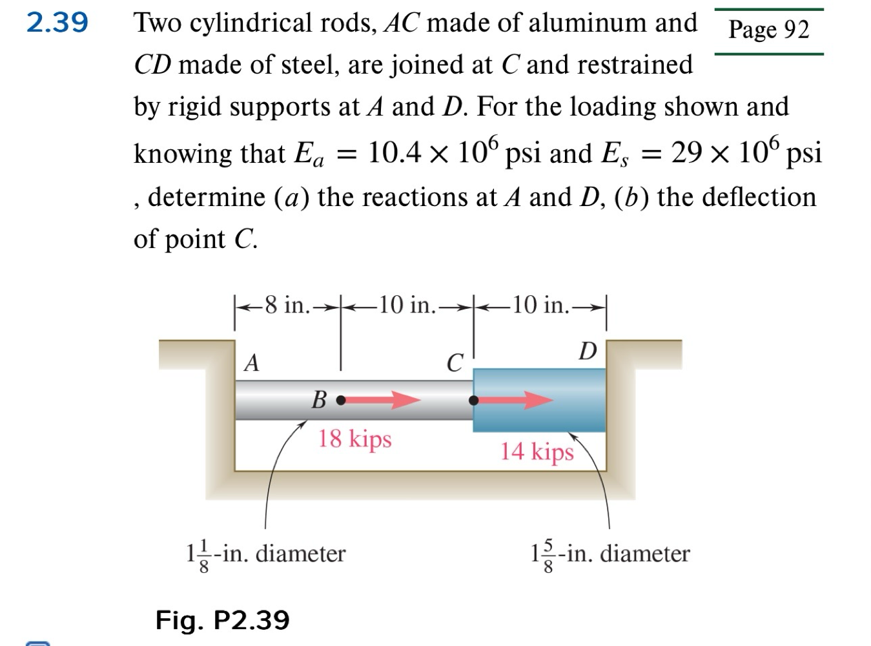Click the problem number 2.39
57,23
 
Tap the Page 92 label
768,30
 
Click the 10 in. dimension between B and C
407,305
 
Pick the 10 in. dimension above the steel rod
539,305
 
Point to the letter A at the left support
252,363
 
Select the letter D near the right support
588,351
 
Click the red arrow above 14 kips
517,400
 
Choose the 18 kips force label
354,439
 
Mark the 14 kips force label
537,451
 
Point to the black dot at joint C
474,400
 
